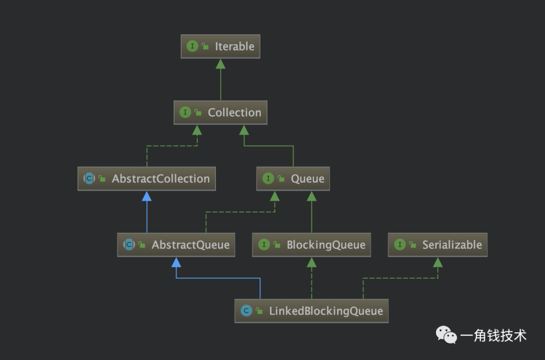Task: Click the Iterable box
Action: click(x=221, y=46)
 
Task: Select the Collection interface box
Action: click(x=221, y=112)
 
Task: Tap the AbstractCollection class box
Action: click(x=147, y=179)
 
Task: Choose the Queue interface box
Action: click(x=293, y=179)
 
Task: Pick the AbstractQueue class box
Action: click(x=176, y=245)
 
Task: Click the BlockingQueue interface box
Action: click(x=311, y=245)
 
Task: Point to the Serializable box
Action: click(x=438, y=245)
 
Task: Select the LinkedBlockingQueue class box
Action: click(x=311, y=311)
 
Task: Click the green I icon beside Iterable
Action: click(x=192, y=46)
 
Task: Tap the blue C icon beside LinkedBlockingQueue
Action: click(x=246, y=311)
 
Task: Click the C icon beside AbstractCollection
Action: click(x=89, y=178)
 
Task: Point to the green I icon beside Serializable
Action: click(x=400, y=245)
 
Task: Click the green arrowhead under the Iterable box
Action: click(x=221, y=64)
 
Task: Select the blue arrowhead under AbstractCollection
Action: click(x=147, y=196)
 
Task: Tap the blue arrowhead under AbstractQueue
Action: click(x=176, y=263)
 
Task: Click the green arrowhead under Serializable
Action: click(x=438, y=263)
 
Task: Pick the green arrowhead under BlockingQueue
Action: click(x=311, y=263)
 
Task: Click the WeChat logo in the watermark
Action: click(x=446, y=335)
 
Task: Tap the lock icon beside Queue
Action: click(x=281, y=179)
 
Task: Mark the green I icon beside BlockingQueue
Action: click(x=264, y=245)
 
